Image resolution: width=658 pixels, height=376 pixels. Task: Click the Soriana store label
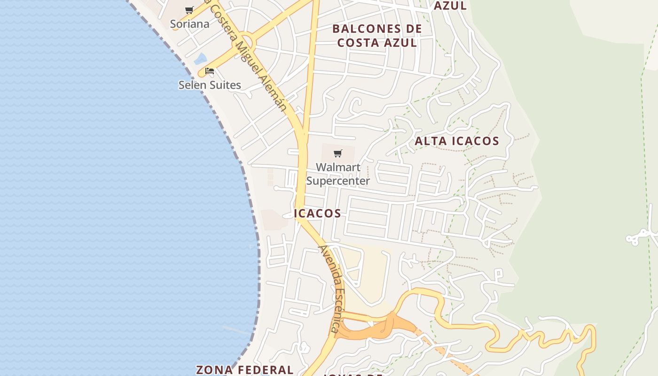[189, 23]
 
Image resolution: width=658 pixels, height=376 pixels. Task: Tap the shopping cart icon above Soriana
[189, 10]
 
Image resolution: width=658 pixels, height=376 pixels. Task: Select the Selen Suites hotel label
[210, 85]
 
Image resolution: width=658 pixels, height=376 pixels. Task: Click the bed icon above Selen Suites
[210, 71]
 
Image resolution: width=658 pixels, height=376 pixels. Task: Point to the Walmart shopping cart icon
[337, 153]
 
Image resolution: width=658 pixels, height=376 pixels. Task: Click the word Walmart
[338, 167]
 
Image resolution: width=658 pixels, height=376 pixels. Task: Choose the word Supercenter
[338, 180]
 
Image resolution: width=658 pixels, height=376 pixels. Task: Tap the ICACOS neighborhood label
[317, 213]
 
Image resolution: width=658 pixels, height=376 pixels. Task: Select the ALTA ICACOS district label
[457, 141]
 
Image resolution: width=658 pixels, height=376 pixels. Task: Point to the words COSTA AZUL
[377, 43]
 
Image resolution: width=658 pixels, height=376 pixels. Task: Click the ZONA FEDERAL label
[244, 369]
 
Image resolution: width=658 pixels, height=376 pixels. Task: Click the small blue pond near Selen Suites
[200, 59]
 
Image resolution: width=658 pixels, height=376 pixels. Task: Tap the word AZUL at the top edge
[450, 6]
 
